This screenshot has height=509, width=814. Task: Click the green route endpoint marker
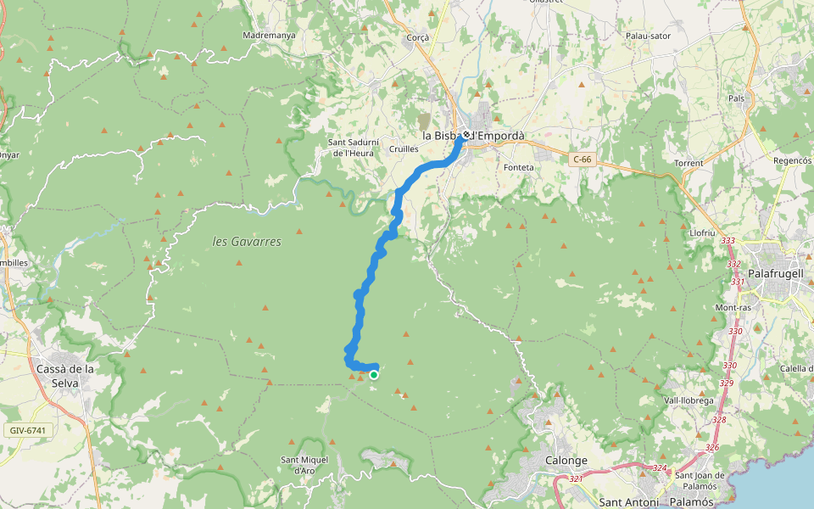pyautogui.click(x=373, y=374)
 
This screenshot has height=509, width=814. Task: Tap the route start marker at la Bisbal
pyautogui.click(x=466, y=134)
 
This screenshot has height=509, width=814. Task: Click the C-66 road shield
pyautogui.click(x=581, y=159)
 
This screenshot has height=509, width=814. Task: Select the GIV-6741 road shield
pyautogui.click(x=28, y=430)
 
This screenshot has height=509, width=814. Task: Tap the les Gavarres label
pyautogui.click(x=247, y=242)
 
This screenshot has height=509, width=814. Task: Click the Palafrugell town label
pyautogui.click(x=780, y=274)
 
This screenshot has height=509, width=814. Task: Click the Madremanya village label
pyautogui.click(x=269, y=36)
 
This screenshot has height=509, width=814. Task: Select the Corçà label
pyautogui.click(x=419, y=37)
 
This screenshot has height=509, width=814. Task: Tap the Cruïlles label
pyautogui.click(x=404, y=148)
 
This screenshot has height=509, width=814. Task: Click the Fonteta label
pyautogui.click(x=519, y=167)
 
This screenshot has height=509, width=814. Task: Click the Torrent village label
pyautogui.click(x=689, y=162)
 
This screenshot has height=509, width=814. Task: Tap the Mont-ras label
pyautogui.click(x=732, y=307)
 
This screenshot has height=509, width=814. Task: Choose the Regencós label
pyautogui.click(x=793, y=159)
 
